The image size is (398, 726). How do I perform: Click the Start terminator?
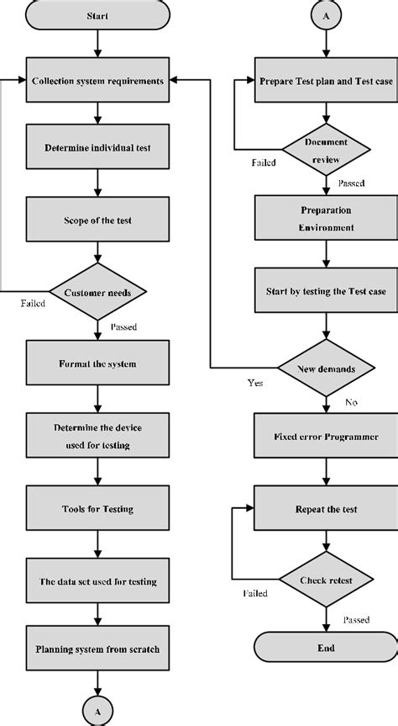point(97,16)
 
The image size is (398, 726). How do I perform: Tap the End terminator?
point(326,647)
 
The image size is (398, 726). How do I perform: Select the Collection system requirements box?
point(97,80)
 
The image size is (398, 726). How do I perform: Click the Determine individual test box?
point(97,146)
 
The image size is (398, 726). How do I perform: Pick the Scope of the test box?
point(97,220)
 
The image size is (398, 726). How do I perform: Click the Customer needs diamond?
point(97,292)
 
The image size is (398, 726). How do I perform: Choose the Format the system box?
point(97,363)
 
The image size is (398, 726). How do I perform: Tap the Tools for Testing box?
point(97,508)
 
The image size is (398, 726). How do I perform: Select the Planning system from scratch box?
point(97,649)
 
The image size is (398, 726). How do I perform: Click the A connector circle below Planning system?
point(97,712)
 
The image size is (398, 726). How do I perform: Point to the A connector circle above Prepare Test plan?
point(327,15)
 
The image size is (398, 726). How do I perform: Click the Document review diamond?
point(327,150)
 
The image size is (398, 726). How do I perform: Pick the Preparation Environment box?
point(326,218)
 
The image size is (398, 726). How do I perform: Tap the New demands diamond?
point(327,368)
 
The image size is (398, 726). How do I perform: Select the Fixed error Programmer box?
point(326,436)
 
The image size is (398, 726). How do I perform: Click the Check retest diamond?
point(327,580)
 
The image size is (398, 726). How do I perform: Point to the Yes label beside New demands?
point(255,383)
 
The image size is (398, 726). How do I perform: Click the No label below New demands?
point(351,402)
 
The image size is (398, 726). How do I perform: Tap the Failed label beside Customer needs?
point(33,304)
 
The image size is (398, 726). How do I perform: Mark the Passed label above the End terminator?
point(356,619)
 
